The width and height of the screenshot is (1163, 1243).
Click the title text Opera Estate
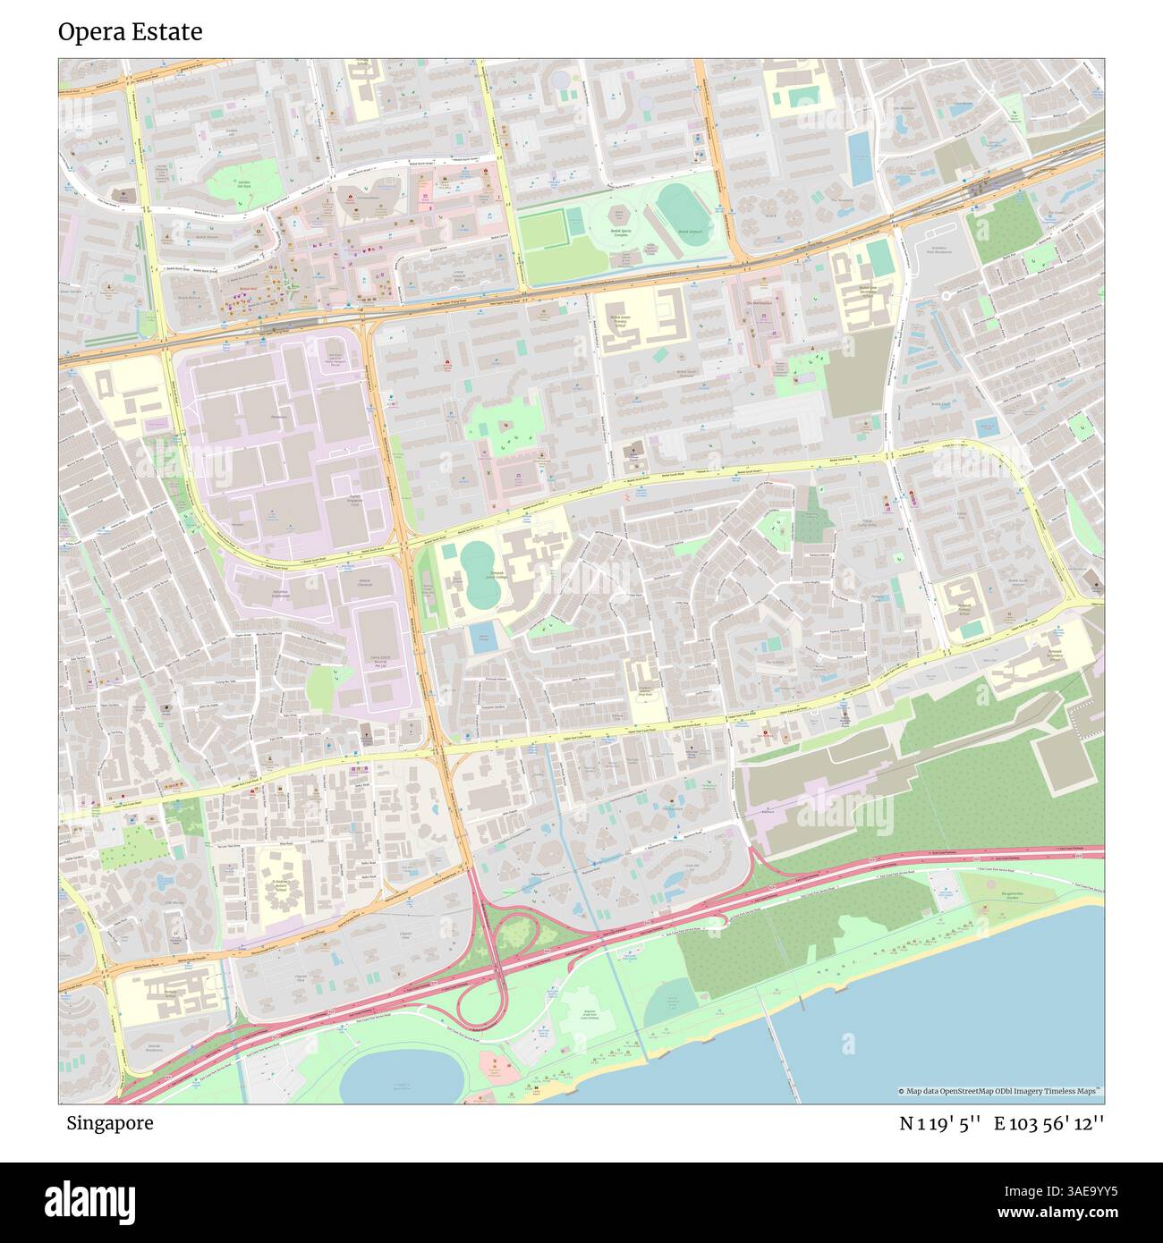point(130,32)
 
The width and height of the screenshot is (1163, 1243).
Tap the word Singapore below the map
point(109,1123)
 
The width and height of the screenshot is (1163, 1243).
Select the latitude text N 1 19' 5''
point(940,1123)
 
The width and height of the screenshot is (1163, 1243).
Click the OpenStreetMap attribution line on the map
point(999,1091)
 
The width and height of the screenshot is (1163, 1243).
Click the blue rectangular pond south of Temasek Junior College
point(484,637)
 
